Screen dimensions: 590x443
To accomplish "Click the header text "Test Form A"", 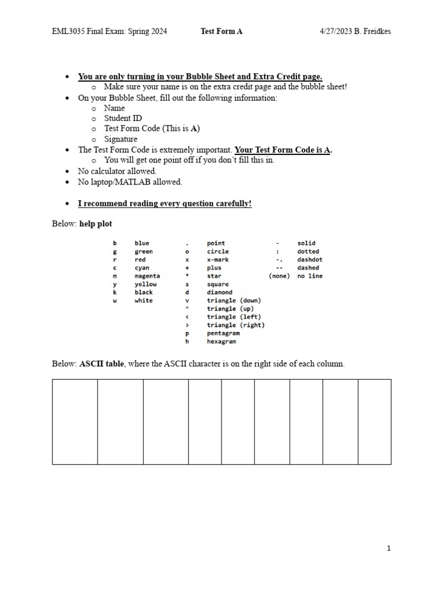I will coord(221,32).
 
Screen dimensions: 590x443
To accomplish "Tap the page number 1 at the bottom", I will coord(389,549).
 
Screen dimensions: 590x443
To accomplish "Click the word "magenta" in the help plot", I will coord(147,276).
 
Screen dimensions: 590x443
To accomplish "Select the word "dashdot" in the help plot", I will coord(310,260).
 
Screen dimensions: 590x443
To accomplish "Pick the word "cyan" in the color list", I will coord(141,268).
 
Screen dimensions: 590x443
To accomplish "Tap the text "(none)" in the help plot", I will coord(279,276).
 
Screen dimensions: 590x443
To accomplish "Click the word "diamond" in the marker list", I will coord(219,292).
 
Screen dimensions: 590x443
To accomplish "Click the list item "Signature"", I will coord(121,139).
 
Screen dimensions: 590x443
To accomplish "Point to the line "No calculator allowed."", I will coord(117,171).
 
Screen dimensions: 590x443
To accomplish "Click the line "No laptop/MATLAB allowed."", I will coord(130,182).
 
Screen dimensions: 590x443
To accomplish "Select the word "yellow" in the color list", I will coord(145,284).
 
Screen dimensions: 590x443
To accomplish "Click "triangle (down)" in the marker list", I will coord(234,301).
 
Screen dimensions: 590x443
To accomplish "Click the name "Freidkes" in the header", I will coord(376,32).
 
